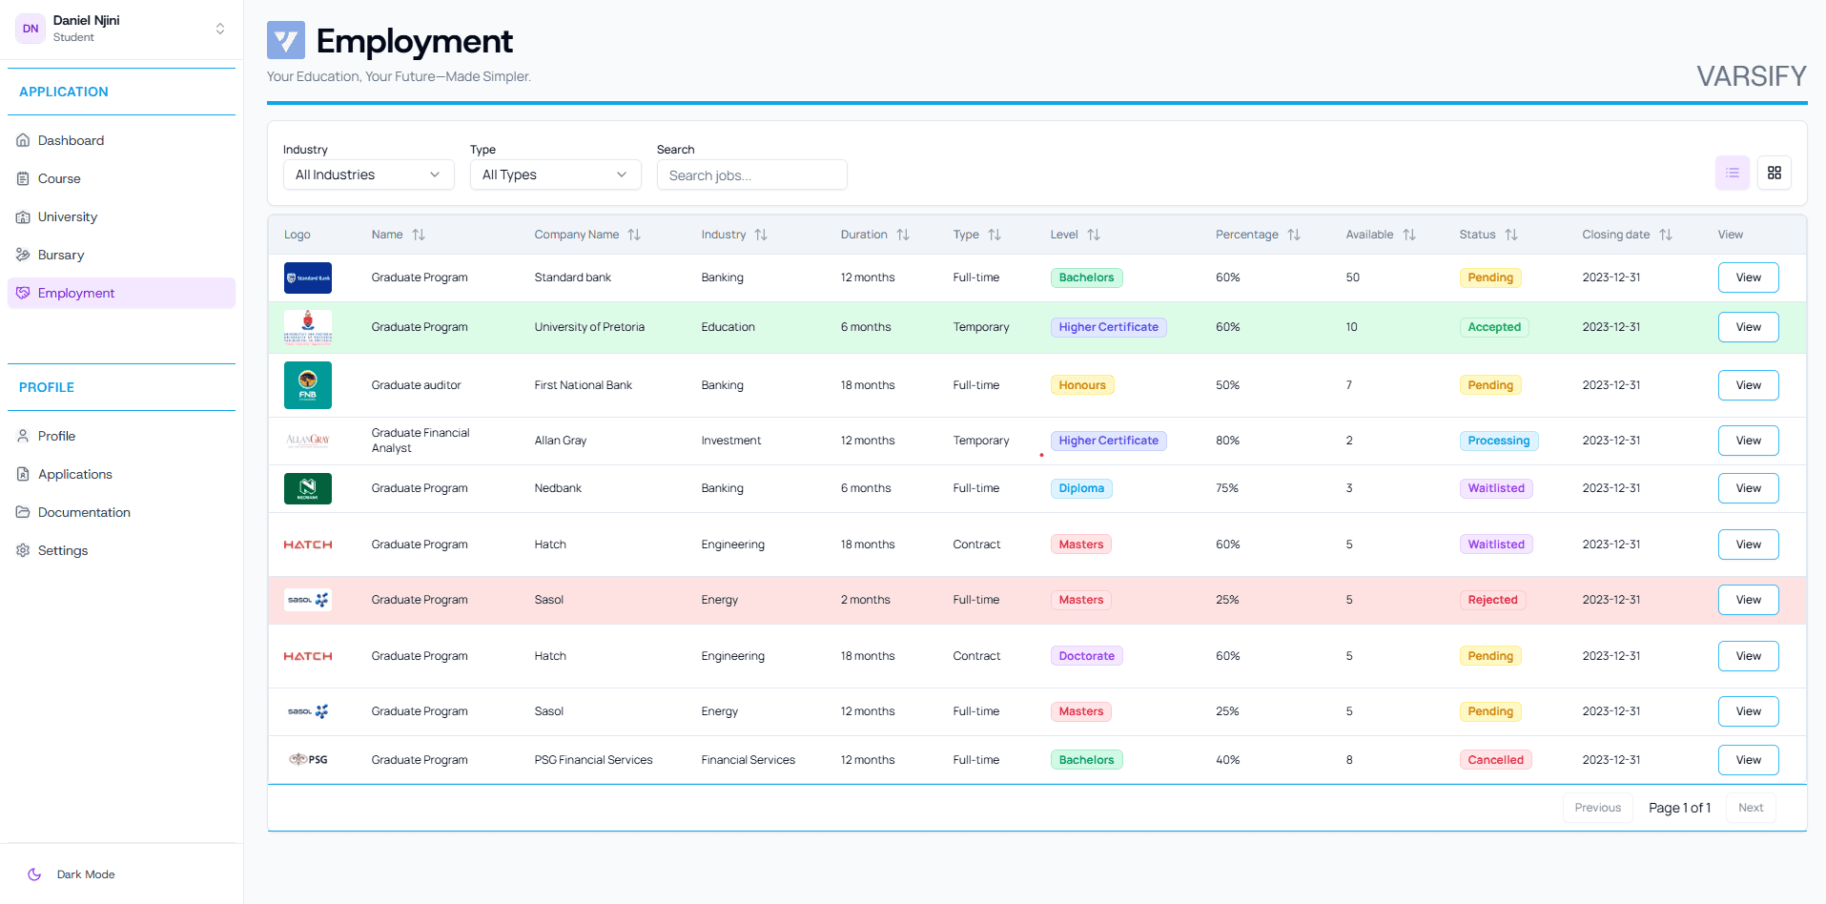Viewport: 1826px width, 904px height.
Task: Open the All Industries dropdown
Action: (x=368, y=175)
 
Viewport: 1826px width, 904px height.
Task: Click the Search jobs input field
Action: (x=751, y=175)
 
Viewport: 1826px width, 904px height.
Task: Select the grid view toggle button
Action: (x=1774, y=173)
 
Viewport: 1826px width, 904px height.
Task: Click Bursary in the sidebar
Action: (x=61, y=255)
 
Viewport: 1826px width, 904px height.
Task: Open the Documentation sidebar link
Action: (x=84, y=512)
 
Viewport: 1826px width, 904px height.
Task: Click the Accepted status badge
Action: (x=1493, y=327)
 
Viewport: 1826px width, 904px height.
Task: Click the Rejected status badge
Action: (x=1491, y=600)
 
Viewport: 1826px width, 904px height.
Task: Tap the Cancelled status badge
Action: (x=1494, y=760)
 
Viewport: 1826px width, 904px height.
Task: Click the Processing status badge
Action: (x=1498, y=441)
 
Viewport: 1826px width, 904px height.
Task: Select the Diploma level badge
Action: (x=1080, y=488)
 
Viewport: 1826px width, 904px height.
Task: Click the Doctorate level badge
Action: (x=1086, y=656)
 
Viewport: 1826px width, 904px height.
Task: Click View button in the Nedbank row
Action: (x=1747, y=488)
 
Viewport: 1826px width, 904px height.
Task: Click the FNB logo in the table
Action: (x=308, y=385)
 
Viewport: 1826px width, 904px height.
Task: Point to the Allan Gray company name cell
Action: (x=561, y=441)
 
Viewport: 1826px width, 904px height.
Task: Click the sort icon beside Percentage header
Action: (x=1293, y=235)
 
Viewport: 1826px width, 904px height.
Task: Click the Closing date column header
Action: (x=1615, y=235)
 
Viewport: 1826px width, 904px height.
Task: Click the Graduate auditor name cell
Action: (x=416, y=385)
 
